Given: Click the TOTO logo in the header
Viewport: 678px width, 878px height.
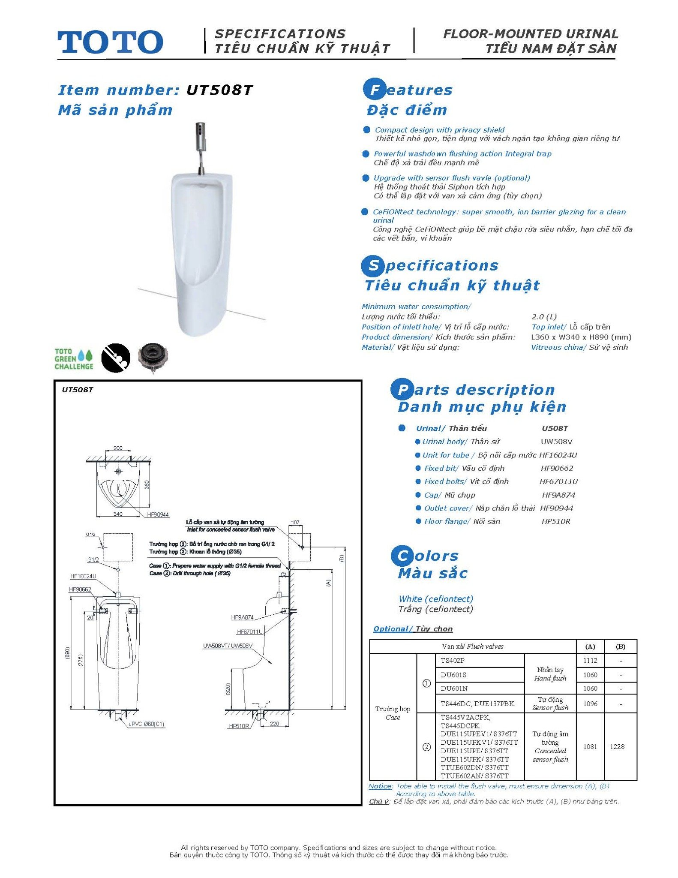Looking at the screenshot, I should [x=110, y=42].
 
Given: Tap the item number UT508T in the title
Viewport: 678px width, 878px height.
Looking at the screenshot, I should [x=219, y=90].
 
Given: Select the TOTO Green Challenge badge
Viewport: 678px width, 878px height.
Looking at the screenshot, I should [x=74, y=359].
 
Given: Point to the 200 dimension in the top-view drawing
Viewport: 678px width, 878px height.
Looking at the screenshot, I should [x=118, y=448].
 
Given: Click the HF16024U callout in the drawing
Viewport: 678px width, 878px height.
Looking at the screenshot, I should [x=83, y=576].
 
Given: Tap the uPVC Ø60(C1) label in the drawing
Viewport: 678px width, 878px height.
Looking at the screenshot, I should [x=147, y=724].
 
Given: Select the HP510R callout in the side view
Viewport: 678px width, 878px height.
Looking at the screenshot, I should [x=239, y=726].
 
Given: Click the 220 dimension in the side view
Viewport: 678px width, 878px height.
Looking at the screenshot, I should [x=274, y=724].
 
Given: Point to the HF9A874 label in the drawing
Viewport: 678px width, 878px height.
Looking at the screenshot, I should [x=242, y=617].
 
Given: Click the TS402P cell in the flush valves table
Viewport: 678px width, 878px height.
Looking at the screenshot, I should [x=453, y=660].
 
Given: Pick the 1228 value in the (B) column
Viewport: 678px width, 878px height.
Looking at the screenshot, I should [x=617, y=746].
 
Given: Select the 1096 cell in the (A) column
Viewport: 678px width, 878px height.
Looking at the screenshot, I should [x=590, y=704].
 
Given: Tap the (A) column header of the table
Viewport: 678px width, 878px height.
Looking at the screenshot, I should [x=590, y=646].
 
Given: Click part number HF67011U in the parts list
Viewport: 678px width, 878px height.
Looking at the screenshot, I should [x=558, y=481].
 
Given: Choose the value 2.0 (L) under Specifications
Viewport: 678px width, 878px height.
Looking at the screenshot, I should [x=544, y=317].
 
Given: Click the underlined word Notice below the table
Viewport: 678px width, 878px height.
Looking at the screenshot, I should [x=380, y=786].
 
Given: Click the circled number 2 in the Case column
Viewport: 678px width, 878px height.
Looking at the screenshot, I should [x=426, y=747].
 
